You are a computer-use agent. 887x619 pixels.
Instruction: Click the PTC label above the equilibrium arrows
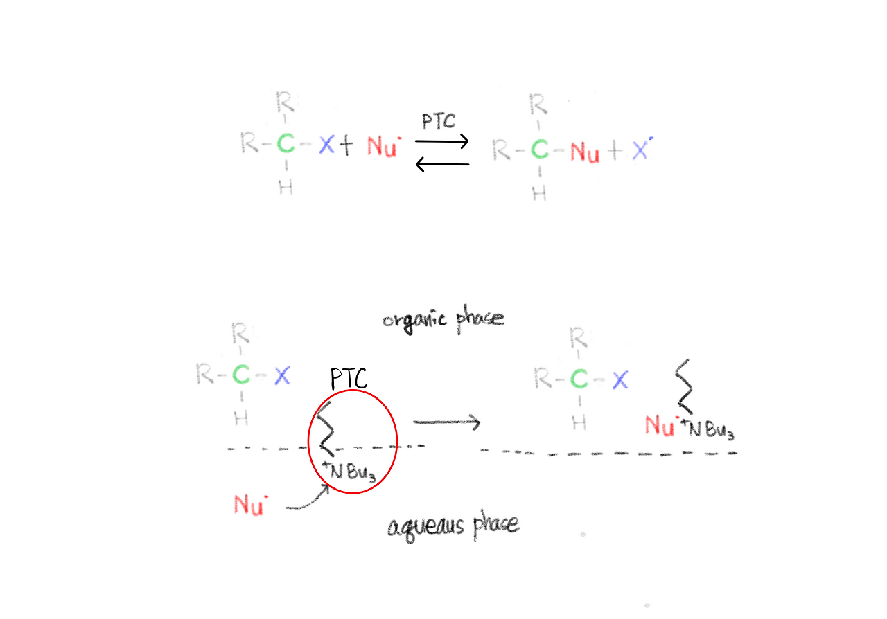(439, 122)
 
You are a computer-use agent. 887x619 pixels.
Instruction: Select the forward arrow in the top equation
(442, 142)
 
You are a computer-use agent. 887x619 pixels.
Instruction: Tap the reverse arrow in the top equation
(442, 164)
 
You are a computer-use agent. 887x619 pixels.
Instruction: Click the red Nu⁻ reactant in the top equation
(383, 147)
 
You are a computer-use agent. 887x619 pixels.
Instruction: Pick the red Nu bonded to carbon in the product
(585, 152)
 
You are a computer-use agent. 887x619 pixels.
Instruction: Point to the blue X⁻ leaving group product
(641, 150)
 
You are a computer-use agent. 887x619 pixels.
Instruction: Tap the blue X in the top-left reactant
(326, 145)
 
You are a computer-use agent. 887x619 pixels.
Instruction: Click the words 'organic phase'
(443, 320)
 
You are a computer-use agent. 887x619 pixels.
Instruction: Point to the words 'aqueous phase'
(453, 526)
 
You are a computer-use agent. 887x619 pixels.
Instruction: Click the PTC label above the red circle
(349, 379)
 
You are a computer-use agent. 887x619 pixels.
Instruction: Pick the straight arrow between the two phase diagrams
(446, 422)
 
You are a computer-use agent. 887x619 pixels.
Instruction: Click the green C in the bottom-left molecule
(240, 376)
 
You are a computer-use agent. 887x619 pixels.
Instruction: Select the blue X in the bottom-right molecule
(620, 379)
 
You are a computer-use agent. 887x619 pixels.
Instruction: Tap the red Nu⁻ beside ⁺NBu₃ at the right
(660, 424)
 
